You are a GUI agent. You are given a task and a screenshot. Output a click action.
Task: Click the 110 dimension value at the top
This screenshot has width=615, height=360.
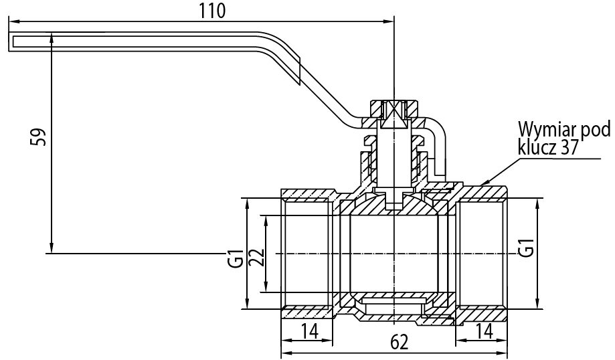pyautogui.click(x=212, y=11)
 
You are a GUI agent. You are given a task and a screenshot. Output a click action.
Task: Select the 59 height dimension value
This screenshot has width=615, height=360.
pyautogui.click(x=38, y=136)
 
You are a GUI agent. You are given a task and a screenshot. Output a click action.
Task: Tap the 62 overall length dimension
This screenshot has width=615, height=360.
pyautogui.click(x=400, y=341)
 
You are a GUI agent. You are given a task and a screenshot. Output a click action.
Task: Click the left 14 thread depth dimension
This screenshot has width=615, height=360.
pyautogui.click(x=309, y=331)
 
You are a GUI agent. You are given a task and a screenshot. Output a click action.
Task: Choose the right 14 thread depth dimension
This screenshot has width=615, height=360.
pyautogui.click(x=484, y=331)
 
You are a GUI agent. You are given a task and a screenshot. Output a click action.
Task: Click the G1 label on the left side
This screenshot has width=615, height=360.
pyautogui.click(x=236, y=258)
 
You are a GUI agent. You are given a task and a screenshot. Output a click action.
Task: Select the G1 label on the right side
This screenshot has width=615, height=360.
pyautogui.click(x=526, y=248)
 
